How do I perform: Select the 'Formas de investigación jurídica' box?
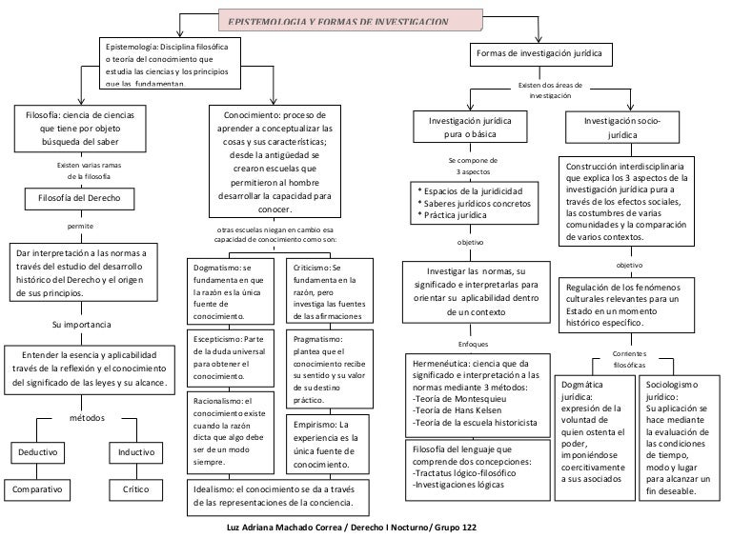point(539,53)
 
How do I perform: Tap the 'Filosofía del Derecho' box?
point(79,199)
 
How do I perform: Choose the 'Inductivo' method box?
point(134,452)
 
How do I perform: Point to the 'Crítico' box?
point(135,489)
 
